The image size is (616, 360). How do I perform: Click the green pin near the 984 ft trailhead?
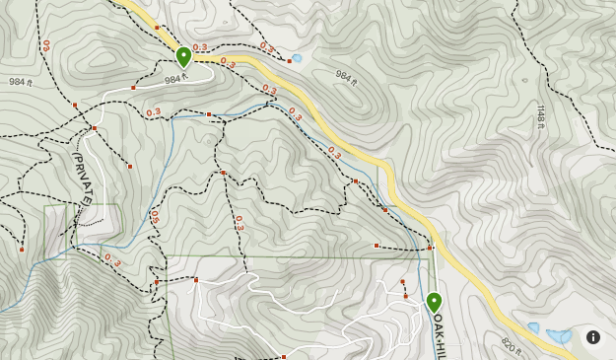pos(183,56)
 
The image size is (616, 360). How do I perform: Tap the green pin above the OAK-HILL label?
pos(434,301)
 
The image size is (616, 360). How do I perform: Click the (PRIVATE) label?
pos(82,179)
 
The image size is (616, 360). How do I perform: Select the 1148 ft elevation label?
pos(541,115)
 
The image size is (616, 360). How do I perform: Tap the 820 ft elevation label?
pos(511,345)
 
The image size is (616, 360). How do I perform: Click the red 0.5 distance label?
pos(155,218)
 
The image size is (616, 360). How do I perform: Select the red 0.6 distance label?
pos(45,46)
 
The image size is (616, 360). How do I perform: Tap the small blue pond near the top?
pos(297,58)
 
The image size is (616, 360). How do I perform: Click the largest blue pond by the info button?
pos(559,335)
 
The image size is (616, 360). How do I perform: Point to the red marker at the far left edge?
pos(22,250)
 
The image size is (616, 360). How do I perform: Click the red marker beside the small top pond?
pos(289,60)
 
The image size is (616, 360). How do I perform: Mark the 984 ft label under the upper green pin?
pos(175,79)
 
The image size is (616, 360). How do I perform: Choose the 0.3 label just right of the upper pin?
pos(201,47)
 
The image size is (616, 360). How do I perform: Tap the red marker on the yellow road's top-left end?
pos(158,27)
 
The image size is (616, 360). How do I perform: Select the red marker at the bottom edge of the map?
pos(283,357)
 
